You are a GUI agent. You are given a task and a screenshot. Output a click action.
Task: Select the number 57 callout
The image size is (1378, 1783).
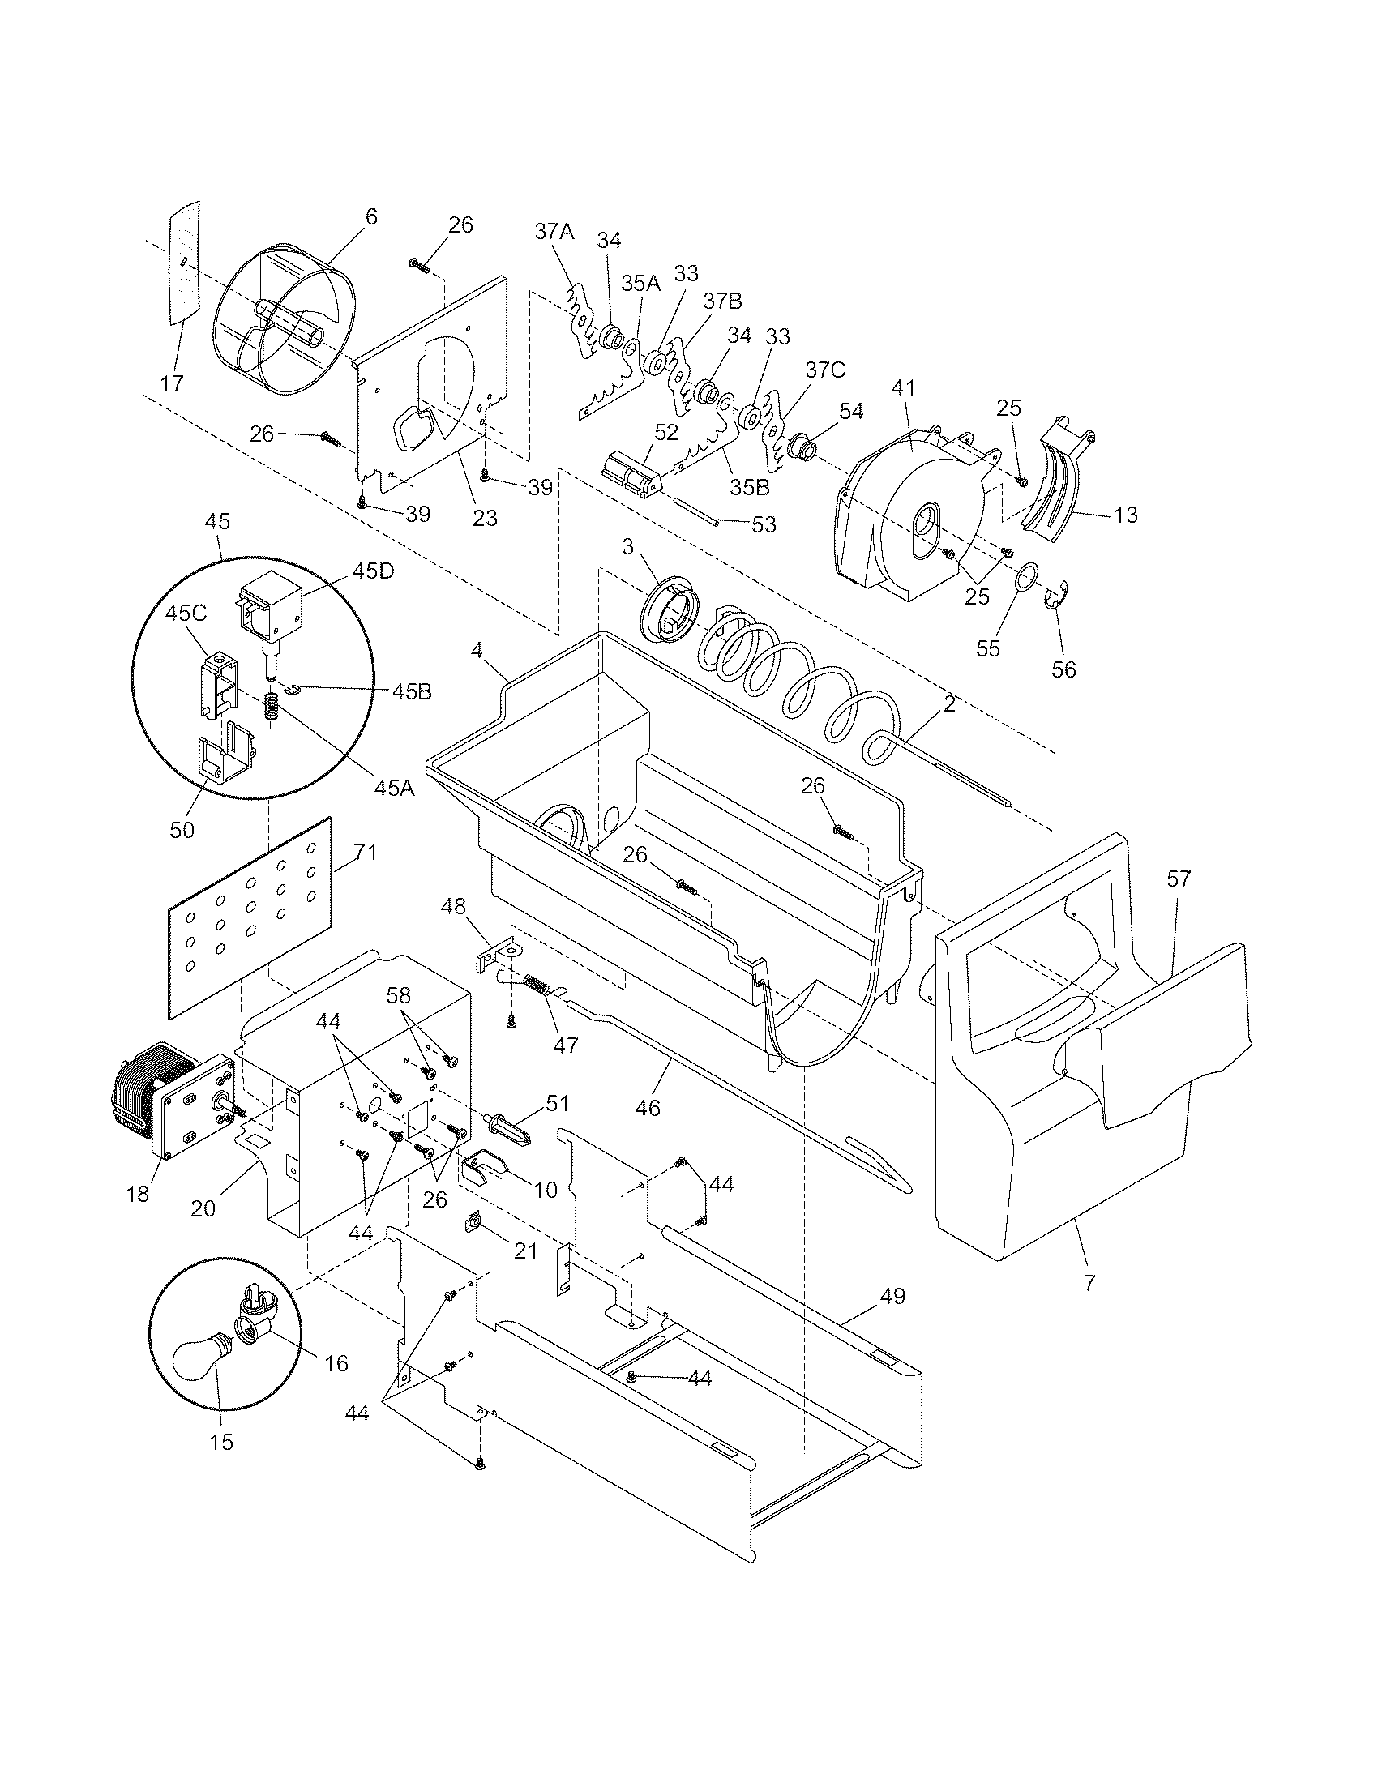(x=1179, y=879)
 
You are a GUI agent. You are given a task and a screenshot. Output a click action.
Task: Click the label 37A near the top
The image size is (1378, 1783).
(x=554, y=231)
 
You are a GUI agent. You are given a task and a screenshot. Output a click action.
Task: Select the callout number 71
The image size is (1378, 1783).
(x=366, y=853)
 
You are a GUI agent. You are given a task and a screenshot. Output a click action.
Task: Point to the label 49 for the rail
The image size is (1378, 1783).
(x=893, y=1296)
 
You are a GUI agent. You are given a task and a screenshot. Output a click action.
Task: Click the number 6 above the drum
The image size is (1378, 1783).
(x=371, y=217)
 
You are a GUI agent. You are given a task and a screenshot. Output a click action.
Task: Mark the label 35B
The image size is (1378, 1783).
(x=751, y=487)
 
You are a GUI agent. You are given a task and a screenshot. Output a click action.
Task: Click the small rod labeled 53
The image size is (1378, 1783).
(x=695, y=512)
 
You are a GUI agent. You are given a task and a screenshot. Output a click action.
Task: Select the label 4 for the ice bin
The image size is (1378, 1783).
(x=476, y=651)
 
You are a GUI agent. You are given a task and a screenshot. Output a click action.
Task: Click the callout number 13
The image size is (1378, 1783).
(x=1125, y=515)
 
